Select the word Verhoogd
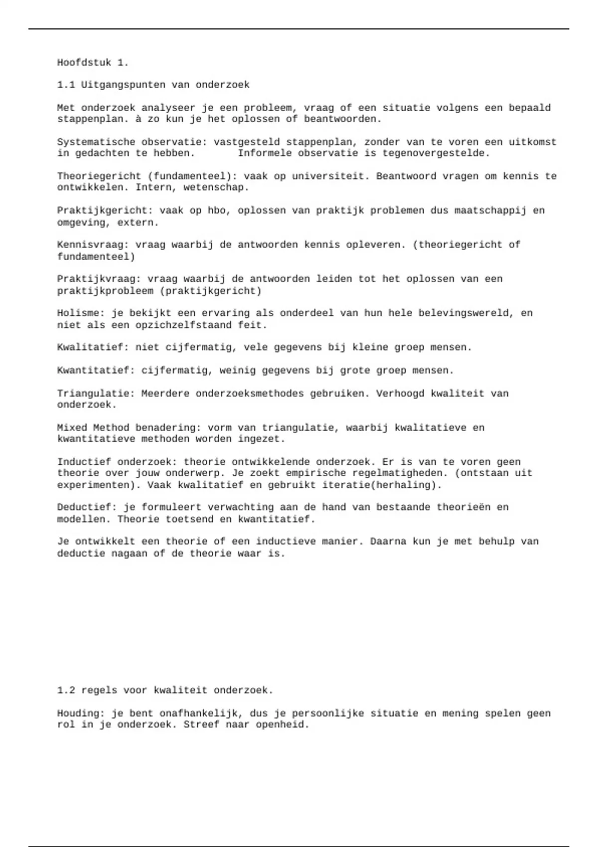pos(400,394)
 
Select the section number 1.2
pos(66,691)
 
